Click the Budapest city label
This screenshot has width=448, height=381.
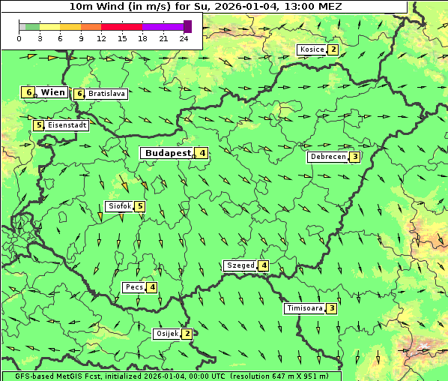pyautogui.click(x=167, y=153)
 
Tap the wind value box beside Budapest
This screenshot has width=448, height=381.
pyautogui.click(x=202, y=153)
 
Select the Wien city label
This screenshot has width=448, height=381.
pyautogui.click(x=53, y=92)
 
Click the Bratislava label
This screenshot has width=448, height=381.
pyautogui.click(x=106, y=94)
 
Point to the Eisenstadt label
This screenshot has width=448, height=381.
pyautogui.click(x=67, y=125)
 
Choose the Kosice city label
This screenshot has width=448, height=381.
pyautogui.click(x=312, y=49)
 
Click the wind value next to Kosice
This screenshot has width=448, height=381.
pyautogui.click(x=333, y=49)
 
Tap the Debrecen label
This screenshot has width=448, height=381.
pyautogui.click(x=328, y=157)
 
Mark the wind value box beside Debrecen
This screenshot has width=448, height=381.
pyautogui.click(x=355, y=157)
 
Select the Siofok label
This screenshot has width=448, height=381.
pyautogui.click(x=120, y=206)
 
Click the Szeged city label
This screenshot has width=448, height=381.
pyautogui.click(x=240, y=265)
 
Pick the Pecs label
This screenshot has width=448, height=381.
pyautogui.click(x=135, y=287)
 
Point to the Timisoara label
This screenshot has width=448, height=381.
pyautogui.click(x=304, y=308)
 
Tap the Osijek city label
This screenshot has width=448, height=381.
pyautogui.click(x=166, y=333)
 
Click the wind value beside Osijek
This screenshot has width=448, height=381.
pyautogui.click(x=187, y=333)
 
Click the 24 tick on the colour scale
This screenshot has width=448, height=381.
pyautogui.click(x=184, y=38)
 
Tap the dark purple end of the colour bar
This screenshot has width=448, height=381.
pyautogui.click(x=187, y=26)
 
